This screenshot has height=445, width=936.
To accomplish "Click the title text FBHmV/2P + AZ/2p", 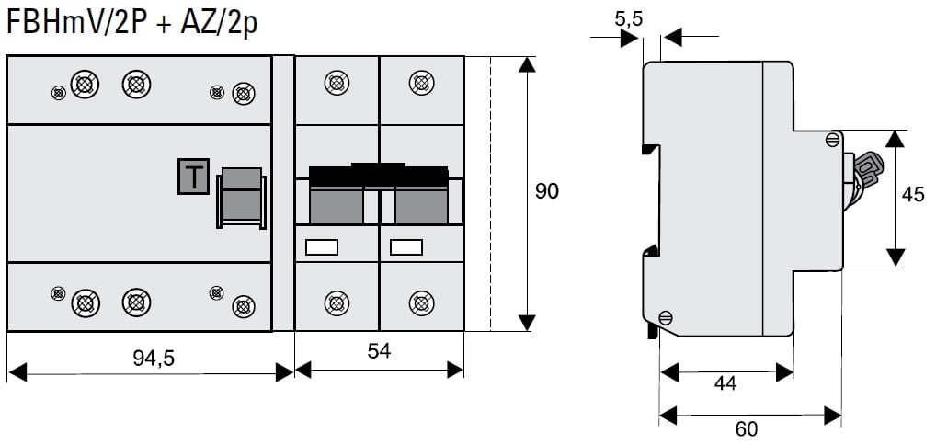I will (x=131, y=22).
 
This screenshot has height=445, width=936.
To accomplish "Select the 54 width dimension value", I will (x=378, y=352).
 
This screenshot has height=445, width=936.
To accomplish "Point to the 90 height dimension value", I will (x=546, y=191).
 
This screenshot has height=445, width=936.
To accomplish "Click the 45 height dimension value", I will (x=912, y=194).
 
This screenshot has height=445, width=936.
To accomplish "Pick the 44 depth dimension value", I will (x=725, y=383).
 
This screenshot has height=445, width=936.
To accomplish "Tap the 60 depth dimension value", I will (x=748, y=429).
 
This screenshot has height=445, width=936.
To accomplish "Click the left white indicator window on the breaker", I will (x=321, y=246).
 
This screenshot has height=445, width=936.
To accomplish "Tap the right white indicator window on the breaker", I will (x=405, y=246).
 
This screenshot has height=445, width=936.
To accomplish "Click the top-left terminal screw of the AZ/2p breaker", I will (x=337, y=83).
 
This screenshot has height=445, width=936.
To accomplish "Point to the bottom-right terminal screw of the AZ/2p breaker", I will (x=421, y=302).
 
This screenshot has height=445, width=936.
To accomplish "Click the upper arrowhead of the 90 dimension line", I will (x=526, y=64).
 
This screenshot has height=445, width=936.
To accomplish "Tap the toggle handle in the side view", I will (x=866, y=170).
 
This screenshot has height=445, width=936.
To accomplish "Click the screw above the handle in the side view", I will (x=832, y=140).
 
